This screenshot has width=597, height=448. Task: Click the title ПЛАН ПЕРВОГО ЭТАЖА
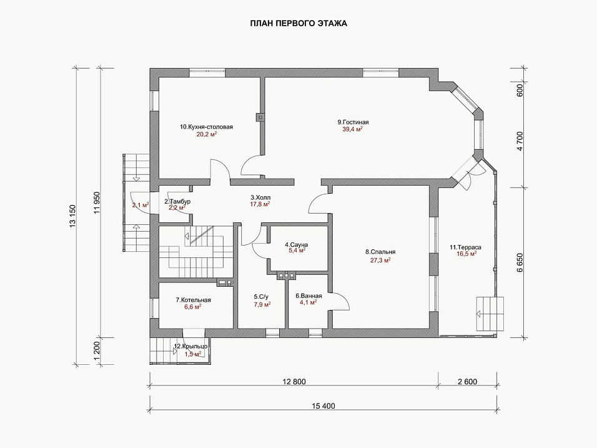tap(298, 24)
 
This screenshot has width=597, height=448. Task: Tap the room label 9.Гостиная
tap(353, 122)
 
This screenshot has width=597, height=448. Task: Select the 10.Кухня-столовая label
tap(206, 127)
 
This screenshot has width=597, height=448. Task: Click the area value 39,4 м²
tap(353, 129)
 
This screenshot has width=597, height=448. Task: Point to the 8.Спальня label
tap(380, 252)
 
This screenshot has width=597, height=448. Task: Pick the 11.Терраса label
tap(465, 247)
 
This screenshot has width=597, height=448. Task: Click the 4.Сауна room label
tap(296, 244)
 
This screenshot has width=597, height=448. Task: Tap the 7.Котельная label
tap(193, 300)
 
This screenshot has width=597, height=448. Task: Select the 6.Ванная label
tap(308, 296)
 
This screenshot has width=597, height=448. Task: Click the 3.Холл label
tap(260, 197)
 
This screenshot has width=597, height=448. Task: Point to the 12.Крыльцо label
tap(190, 347)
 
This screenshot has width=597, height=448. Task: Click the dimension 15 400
tap(323, 406)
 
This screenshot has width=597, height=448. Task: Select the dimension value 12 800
tap(294, 382)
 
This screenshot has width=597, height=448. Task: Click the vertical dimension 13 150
tap(73, 216)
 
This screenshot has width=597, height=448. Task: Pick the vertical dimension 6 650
tap(520, 262)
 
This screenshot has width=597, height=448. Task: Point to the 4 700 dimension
tap(520, 141)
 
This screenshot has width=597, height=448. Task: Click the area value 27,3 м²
tap(380, 261)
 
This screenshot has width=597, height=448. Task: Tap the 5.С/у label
tap(261, 296)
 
